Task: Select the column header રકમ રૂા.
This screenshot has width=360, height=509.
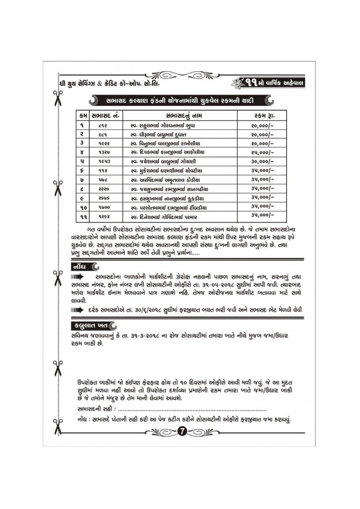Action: click(262, 116)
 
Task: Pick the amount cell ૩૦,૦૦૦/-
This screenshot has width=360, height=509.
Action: click(262, 161)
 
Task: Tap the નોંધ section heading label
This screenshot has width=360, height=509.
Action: click(78, 267)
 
